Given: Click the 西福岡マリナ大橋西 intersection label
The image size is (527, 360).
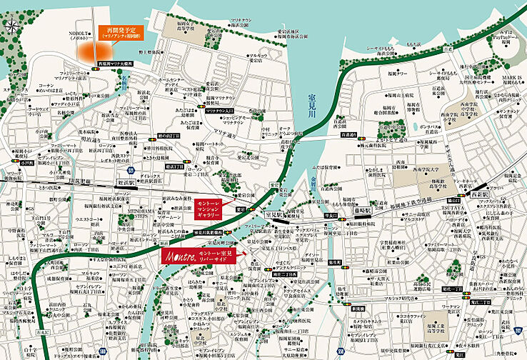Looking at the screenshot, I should (x=119, y=64).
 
